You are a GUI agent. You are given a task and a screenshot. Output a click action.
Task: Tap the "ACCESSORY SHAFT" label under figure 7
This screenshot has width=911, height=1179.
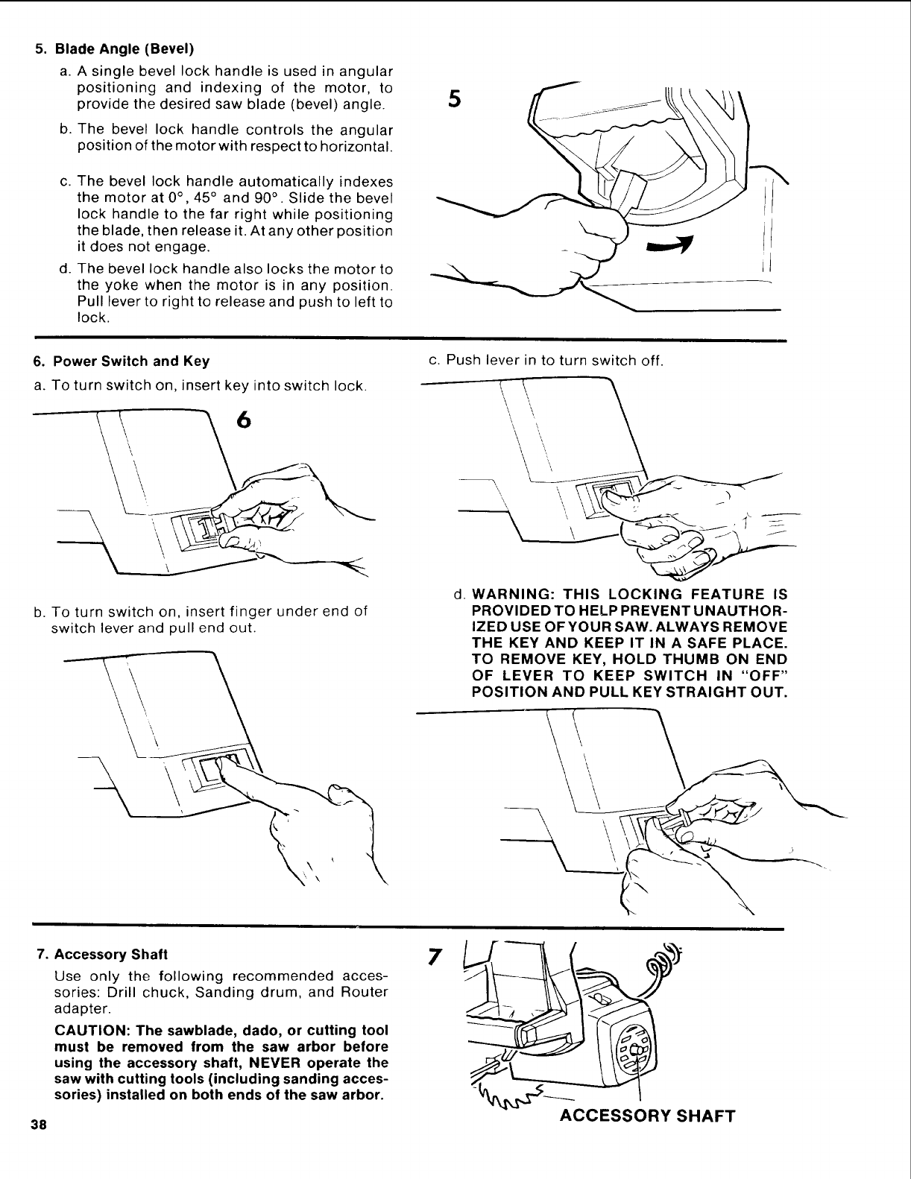(x=647, y=1116)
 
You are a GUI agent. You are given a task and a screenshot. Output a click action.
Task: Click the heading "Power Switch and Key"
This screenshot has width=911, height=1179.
(x=131, y=361)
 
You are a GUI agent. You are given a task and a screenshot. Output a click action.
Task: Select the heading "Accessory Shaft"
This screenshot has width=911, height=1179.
(x=111, y=954)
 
